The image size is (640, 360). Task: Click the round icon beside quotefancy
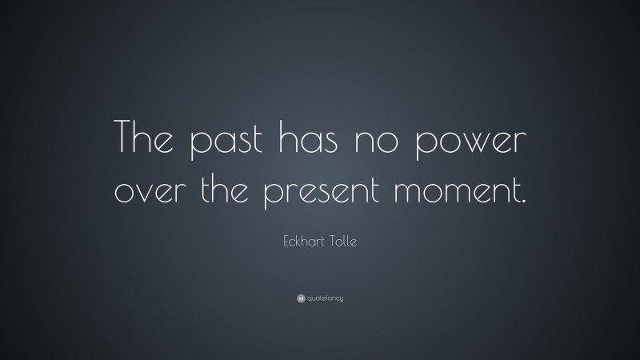(x=300, y=298)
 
